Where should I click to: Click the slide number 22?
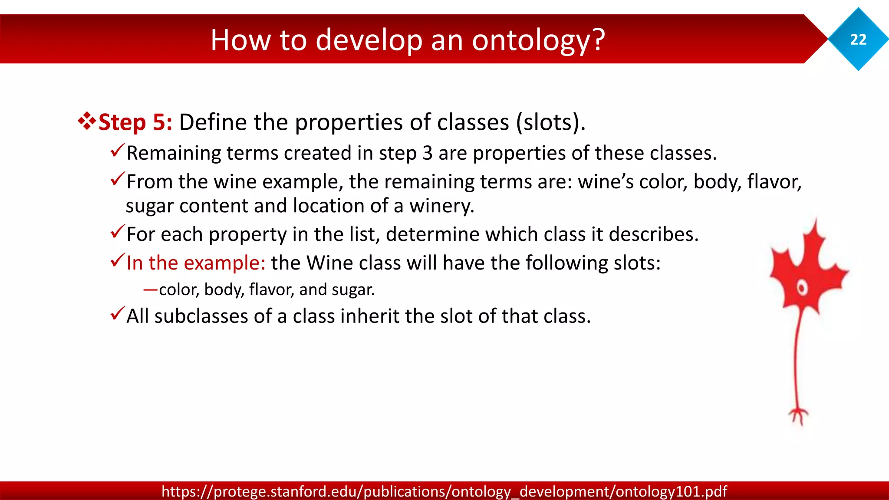(858, 39)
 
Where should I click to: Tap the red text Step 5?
(135, 122)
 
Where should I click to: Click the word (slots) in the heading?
(550, 122)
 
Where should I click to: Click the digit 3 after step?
(427, 153)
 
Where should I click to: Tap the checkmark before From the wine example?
(117, 179)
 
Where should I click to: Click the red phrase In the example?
(195, 263)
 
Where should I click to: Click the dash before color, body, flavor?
(150, 289)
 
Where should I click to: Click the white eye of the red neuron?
(802, 288)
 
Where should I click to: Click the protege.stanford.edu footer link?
(444, 491)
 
